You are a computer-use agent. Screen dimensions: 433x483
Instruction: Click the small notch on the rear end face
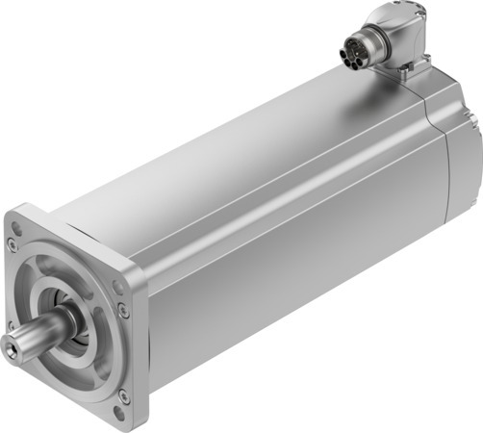pos(475,120)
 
